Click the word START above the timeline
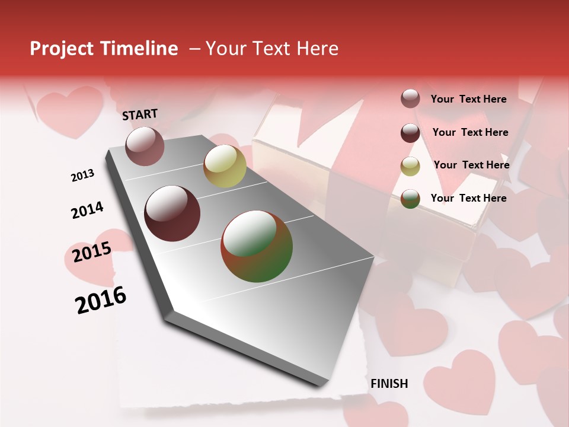coord(140,114)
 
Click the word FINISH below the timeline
coord(389,384)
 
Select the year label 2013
coord(82,176)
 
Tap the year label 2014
coord(87,210)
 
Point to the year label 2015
coord(92,252)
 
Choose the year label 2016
coord(101,299)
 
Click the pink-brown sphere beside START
coord(145,146)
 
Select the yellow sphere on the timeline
coord(225,165)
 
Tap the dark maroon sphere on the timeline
coord(172,213)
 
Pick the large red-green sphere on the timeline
coord(257,246)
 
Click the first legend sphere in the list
coord(410,99)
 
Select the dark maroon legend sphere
coord(410,133)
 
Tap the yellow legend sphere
coord(410,166)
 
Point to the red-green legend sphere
coord(410,199)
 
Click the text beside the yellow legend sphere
coord(471,165)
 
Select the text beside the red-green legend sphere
coord(468,198)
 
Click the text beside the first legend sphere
coord(468,99)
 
